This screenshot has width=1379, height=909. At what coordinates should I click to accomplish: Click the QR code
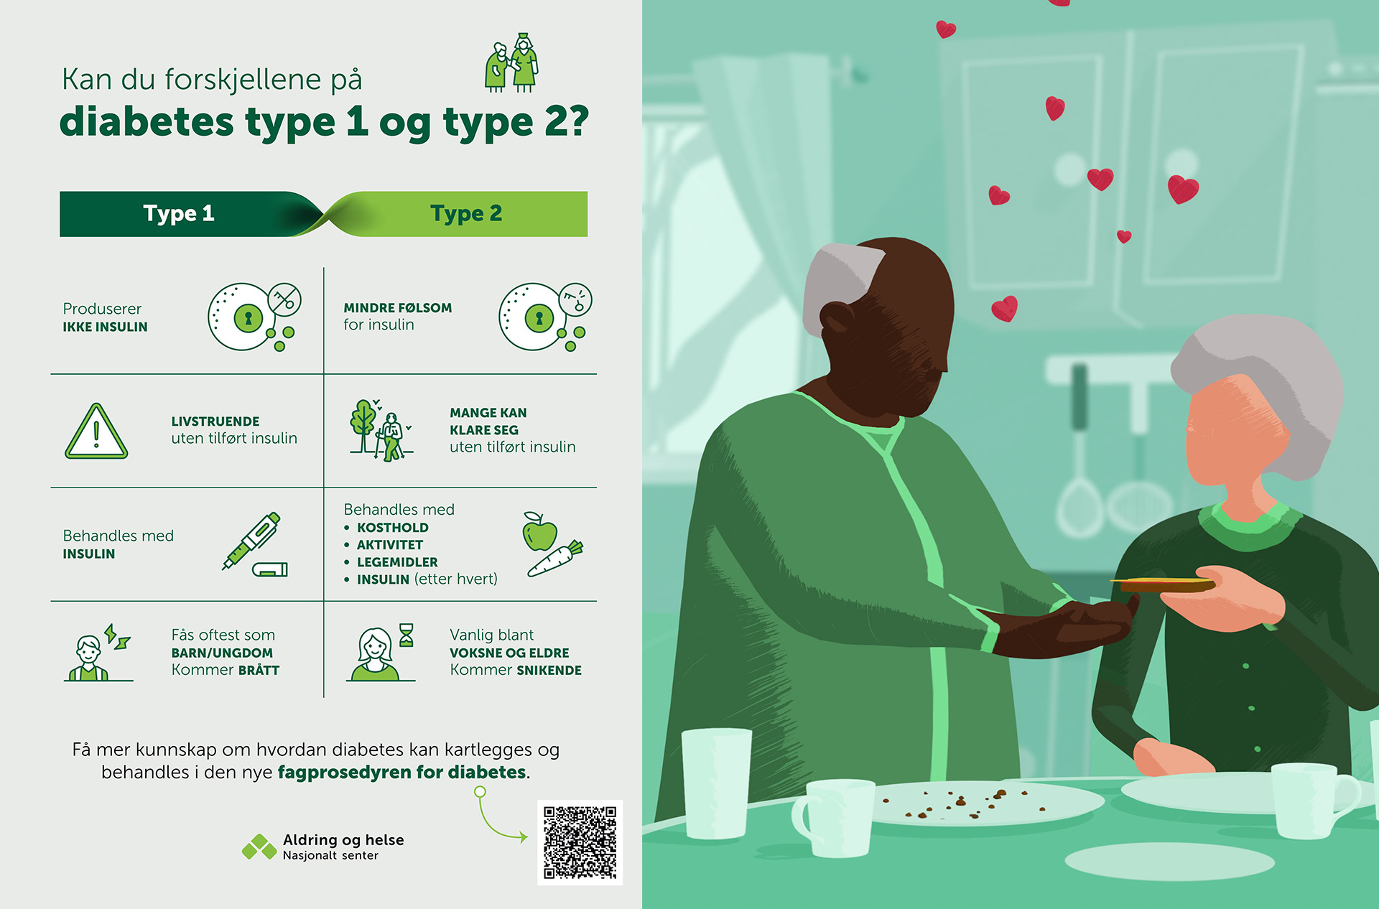[x=580, y=842]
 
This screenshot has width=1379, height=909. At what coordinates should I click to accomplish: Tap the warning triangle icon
[x=96, y=431]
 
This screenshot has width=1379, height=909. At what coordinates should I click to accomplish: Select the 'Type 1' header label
[x=179, y=213]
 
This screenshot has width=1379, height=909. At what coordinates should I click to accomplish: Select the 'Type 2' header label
[x=466, y=213]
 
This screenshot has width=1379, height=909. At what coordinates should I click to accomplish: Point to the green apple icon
[x=540, y=532]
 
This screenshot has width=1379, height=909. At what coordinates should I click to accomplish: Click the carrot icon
[x=555, y=559]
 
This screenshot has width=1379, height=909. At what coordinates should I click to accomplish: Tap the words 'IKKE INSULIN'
[x=105, y=327]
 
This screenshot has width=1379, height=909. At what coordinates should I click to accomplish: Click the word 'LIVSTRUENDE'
[x=215, y=421]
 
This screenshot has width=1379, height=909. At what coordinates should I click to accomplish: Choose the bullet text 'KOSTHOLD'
[x=393, y=528]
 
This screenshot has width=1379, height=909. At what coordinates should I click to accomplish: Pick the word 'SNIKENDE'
[x=549, y=671]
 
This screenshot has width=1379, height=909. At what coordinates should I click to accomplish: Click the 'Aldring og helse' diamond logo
[x=259, y=847]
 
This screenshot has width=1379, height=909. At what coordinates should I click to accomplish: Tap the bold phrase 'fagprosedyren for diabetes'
[x=402, y=773]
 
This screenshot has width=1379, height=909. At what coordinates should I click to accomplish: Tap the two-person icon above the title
[x=512, y=62]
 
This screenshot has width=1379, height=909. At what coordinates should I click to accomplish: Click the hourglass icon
[x=407, y=635]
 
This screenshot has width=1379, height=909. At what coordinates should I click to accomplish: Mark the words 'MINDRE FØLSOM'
[x=398, y=308]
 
